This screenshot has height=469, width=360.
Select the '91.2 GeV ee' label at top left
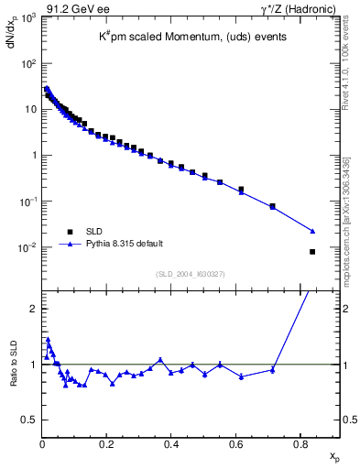coord(73,9)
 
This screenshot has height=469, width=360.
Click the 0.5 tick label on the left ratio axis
coord(28,420)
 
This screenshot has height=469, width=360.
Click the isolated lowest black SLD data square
coord(313,252)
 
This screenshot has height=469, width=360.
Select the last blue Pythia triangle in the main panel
coord(313,231)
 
